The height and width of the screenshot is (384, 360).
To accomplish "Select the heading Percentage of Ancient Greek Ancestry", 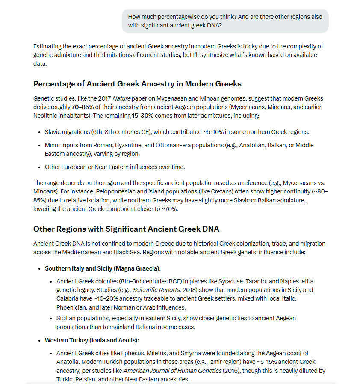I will [x=137, y=83].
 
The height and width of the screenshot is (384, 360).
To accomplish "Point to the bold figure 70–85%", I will [x=83, y=107].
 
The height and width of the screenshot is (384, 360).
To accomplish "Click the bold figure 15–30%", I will [x=143, y=116].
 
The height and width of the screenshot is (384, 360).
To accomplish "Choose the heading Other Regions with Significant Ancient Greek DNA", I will [x=126, y=229].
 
